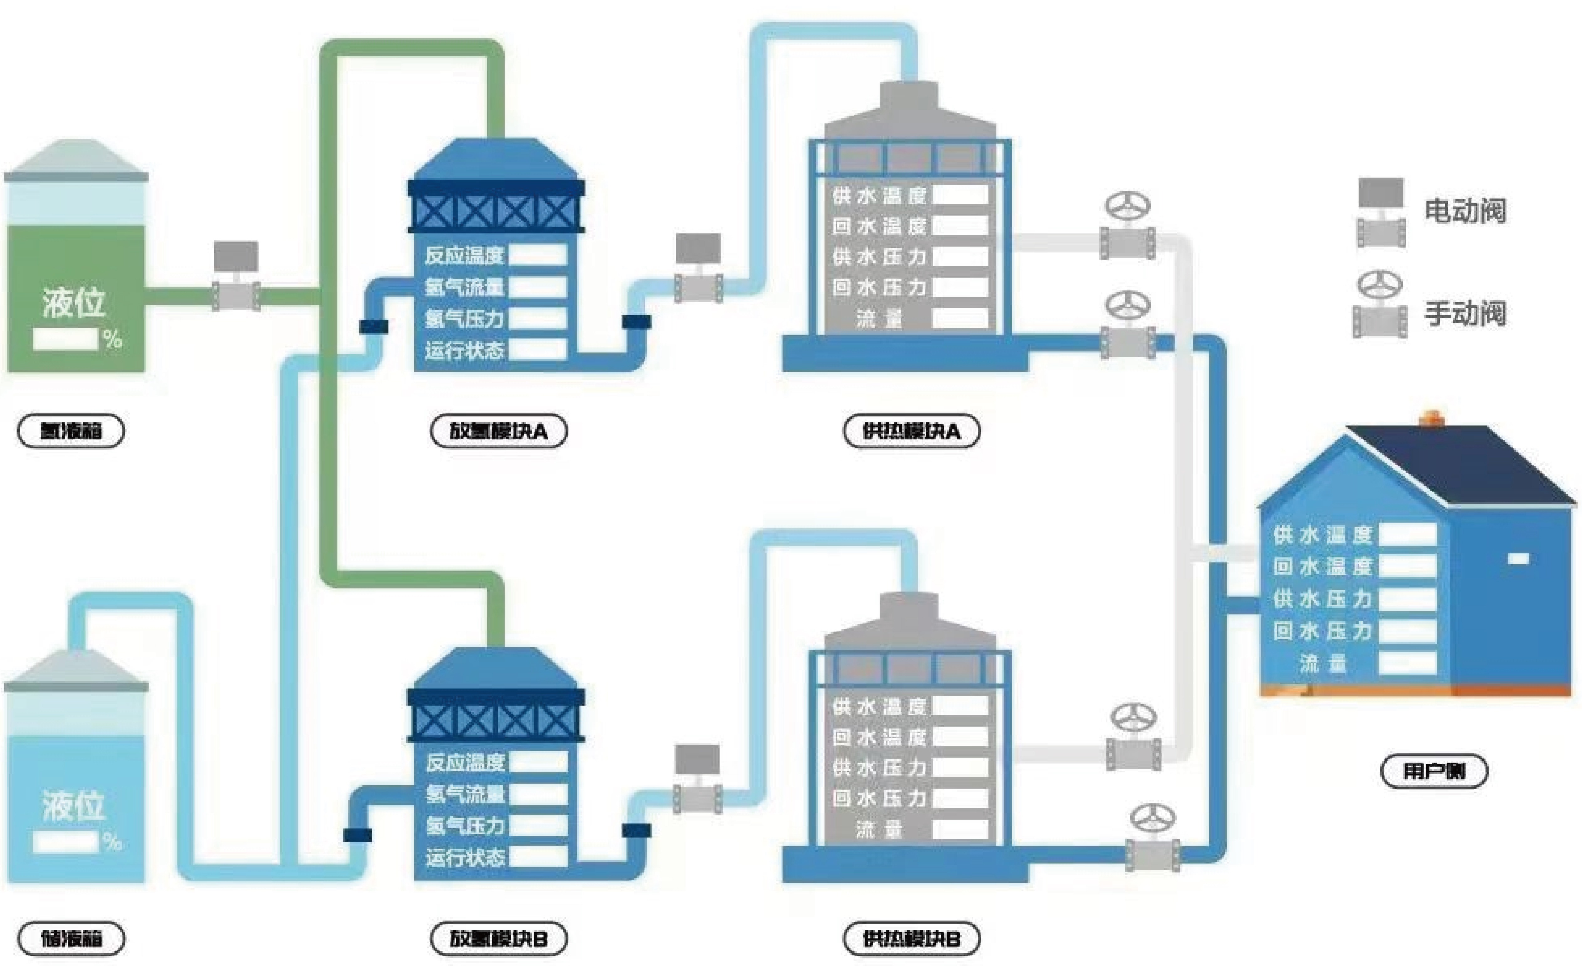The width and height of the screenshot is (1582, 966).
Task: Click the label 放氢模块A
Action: point(498,431)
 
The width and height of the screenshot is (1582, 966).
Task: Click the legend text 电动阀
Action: point(1465,211)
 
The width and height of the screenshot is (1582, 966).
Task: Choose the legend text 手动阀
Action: point(1465,313)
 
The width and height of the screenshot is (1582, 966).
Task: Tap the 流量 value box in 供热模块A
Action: point(960,318)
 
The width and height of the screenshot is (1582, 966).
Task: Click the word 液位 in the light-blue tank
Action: point(73,806)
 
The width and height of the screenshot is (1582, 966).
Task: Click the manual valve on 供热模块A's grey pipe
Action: point(1127,228)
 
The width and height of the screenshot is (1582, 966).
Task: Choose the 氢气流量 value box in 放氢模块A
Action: point(538,286)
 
